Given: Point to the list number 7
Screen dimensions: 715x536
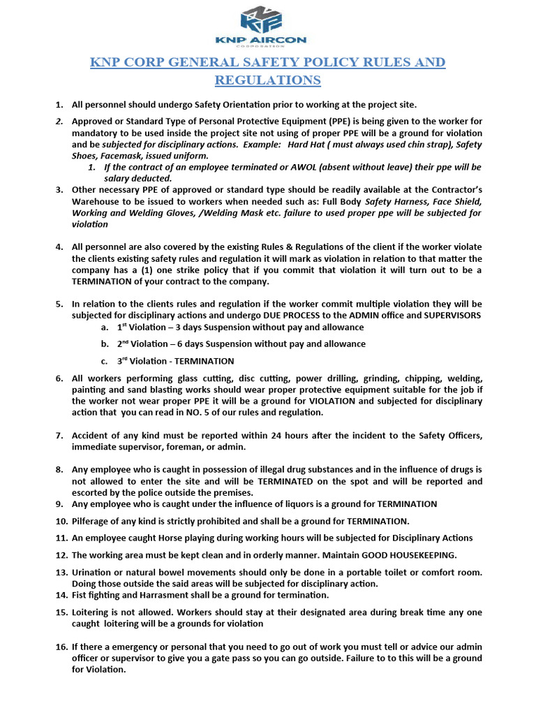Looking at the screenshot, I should (60, 436).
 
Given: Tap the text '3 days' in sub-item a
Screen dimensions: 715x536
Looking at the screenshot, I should (189, 327).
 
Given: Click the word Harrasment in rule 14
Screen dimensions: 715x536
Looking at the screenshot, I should (159, 595).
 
